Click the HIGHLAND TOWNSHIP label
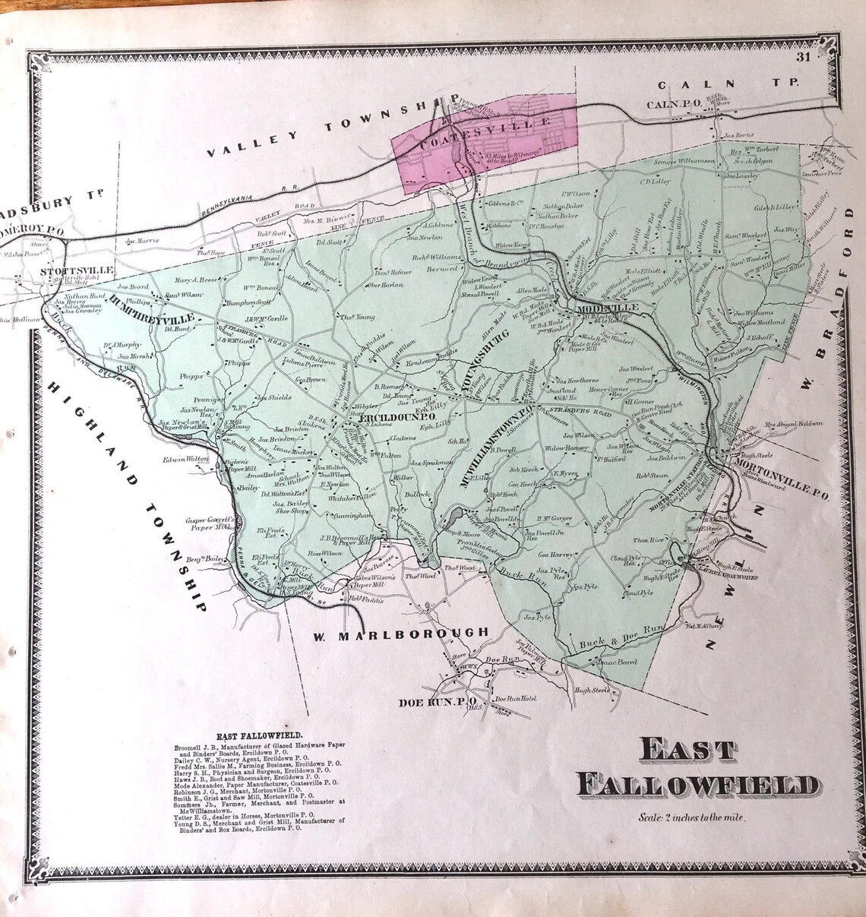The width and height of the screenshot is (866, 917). pos(126,494)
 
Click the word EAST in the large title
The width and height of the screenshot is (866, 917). pos(687,750)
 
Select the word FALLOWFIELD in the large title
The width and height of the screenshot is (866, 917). pos(697,786)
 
